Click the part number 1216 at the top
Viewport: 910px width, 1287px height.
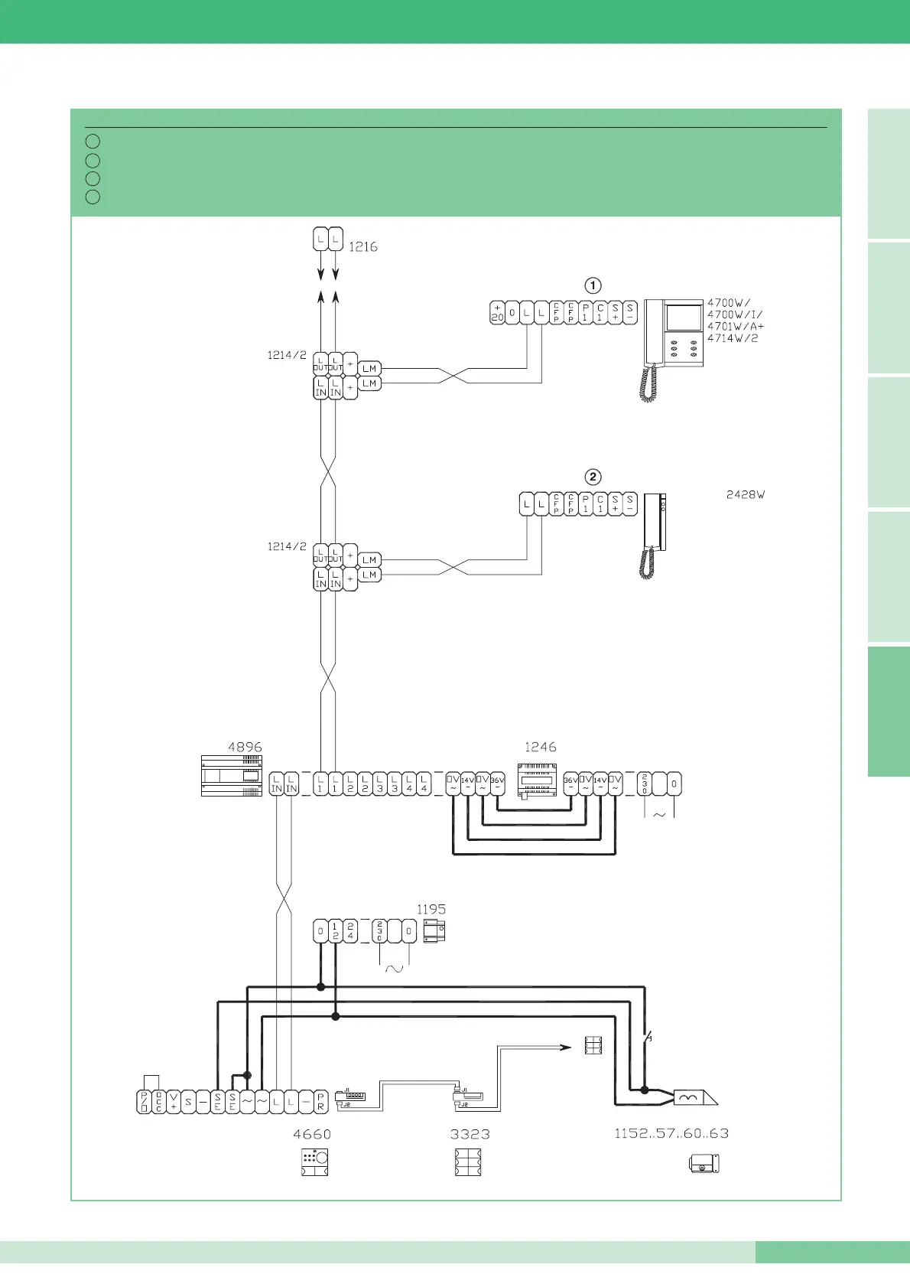(363, 247)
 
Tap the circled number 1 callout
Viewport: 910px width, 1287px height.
(593, 285)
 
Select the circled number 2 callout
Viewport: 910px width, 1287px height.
(593, 477)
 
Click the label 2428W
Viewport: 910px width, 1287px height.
(746, 495)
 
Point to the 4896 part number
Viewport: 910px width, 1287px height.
(245, 747)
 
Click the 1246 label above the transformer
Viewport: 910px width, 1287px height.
(540, 747)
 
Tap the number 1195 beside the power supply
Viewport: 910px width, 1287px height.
(431, 909)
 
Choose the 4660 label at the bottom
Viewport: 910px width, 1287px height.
(312, 1134)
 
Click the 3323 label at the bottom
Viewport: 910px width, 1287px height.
(470, 1134)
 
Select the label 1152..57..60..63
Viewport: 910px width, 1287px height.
(671, 1133)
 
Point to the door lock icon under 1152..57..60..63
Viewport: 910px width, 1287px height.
(704, 1165)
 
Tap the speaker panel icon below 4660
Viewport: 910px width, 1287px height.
(314, 1162)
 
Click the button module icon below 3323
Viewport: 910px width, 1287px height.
(468, 1162)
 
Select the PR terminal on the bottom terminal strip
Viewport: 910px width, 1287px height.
(320, 1102)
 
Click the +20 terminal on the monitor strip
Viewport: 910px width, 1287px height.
(497, 313)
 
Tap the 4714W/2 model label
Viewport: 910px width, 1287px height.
(733, 338)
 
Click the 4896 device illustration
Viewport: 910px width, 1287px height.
(232, 776)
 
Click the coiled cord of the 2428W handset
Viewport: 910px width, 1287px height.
(647, 564)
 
